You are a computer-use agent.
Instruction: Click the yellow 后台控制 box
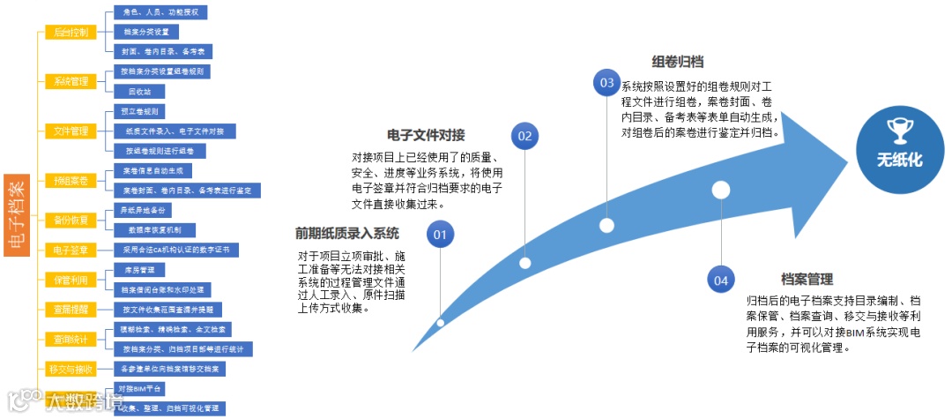pyautogui.click(x=71, y=33)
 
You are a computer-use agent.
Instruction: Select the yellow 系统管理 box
pyautogui.click(x=71, y=82)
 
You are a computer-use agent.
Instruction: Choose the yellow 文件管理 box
pyautogui.click(x=71, y=131)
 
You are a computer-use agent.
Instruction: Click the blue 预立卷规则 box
pyautogui.click(x=139, y=112)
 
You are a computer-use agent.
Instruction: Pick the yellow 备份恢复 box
pyautogui.click(x=71, y=219)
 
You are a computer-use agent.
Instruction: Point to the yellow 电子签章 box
pyautogui.click(x=71, y=251)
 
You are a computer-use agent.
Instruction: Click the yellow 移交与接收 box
pyautogui.click(x=71, y=368)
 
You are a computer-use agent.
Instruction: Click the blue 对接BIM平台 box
pyautogui.click(x=140, y=389)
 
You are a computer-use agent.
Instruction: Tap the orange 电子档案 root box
pyautogui.click(x=17, y=216)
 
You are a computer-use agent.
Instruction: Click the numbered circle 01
pyautogui.click(x=441, y=235)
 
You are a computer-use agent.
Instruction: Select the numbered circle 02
pyautogui.click(x=525, y=136)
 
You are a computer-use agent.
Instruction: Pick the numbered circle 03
pyautogui.click(x=606, y=83)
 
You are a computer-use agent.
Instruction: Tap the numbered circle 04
pyautogui.click(x=721, y=281)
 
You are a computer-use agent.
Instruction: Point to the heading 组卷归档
pyautogui.click(x=677, y=62)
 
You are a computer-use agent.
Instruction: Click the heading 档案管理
pyautogui.click(x=807, y=280)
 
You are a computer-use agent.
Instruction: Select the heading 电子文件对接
pyautogui.click(x=426, y=135)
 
